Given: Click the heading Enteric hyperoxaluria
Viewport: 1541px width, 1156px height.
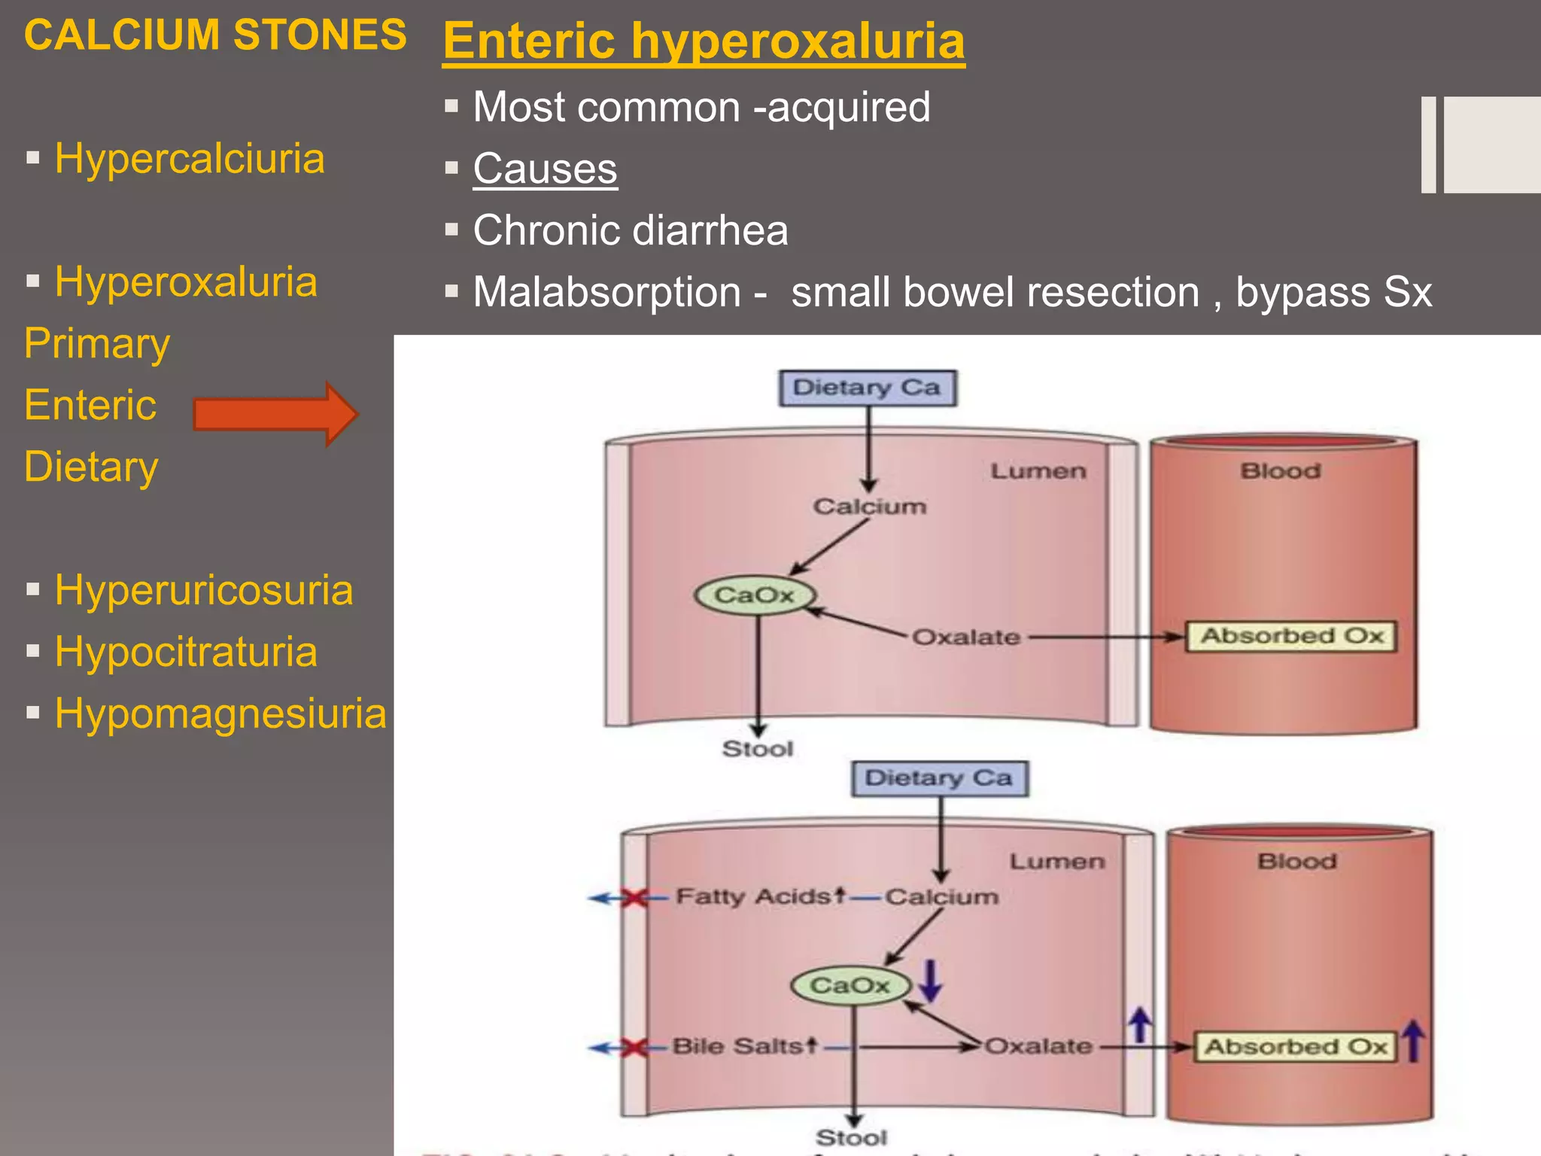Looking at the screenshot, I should (704, 41).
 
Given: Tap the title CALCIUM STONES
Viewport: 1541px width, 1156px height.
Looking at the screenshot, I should (215, 35).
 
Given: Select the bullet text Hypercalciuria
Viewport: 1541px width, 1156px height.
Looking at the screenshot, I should (190, 159).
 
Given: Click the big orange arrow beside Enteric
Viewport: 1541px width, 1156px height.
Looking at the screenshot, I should (275, 414).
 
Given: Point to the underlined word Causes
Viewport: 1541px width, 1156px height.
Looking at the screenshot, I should (545, 169).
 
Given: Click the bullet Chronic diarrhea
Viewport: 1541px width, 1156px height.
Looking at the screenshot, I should (631, 230).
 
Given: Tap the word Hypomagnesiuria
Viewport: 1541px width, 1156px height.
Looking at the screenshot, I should (220, 713).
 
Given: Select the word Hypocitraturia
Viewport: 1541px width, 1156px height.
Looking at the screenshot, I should (186, 652).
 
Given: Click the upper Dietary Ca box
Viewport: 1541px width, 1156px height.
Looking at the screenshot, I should (867, 388).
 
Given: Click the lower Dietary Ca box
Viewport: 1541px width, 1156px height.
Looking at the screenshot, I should (939, 778).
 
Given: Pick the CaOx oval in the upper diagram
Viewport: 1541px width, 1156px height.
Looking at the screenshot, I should (755, 595).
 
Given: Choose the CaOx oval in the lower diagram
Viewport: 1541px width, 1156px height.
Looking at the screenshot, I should (850, 985).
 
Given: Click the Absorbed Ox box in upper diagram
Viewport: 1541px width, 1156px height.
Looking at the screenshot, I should (1291, 636).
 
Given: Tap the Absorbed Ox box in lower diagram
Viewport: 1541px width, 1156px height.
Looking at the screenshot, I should (1296, 1047).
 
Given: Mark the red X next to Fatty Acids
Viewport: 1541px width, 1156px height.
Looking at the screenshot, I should (635, 898).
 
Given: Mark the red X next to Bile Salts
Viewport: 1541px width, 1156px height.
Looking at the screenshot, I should (635, 1047).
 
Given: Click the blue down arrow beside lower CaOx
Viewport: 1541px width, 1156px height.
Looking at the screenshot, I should (931, 981).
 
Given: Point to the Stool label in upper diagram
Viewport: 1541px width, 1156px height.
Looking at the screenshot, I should (758, 749).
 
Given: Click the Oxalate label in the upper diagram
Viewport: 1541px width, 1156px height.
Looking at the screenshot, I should (966, 637).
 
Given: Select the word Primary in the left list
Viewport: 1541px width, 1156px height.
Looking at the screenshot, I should (97, 344).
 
